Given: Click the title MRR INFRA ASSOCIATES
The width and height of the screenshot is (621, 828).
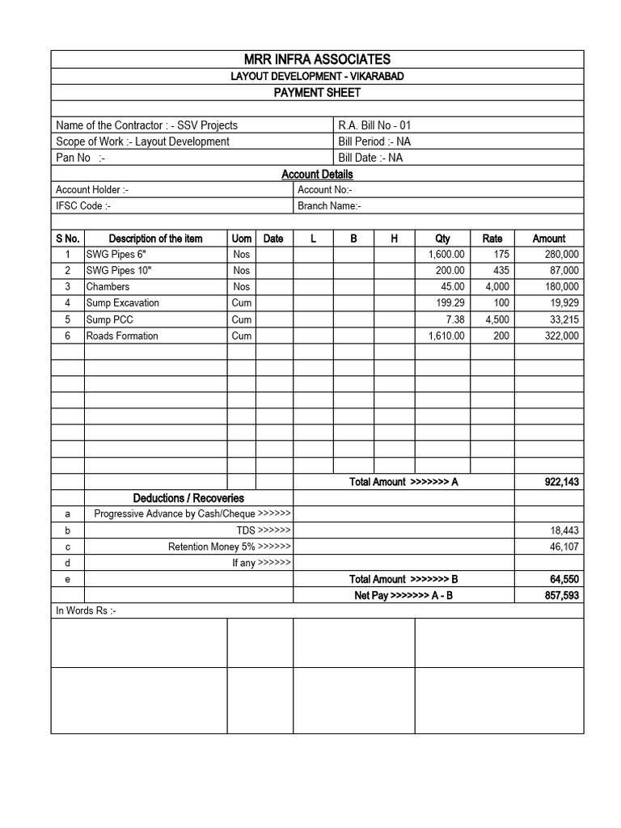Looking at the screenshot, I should coord(317,59).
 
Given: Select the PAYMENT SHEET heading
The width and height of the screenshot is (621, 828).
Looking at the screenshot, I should coord(317,93).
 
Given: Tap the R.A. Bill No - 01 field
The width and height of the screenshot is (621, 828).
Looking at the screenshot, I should coord(374,125).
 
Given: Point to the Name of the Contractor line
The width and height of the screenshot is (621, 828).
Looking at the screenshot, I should coord(146,125).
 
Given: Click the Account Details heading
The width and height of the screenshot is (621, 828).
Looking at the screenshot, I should coord(317,174).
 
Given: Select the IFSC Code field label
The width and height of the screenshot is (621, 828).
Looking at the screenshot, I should coord(83,206).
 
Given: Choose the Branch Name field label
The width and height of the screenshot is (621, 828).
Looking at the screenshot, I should coord(329,206).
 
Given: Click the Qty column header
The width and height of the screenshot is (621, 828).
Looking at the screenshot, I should coord(442,239).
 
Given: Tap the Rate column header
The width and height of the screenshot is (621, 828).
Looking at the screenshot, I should coord(492,239).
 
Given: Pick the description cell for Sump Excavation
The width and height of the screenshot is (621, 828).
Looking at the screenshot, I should coord(123,303).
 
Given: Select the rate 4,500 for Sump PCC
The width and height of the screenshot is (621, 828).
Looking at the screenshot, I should coord(496,319).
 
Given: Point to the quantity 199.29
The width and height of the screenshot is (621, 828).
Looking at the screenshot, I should coord(450,303).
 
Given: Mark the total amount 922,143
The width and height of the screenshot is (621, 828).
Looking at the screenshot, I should coord(561,482).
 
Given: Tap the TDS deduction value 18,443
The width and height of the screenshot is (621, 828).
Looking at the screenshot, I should coord(564,530).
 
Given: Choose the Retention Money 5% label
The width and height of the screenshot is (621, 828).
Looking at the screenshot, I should coord(229,547).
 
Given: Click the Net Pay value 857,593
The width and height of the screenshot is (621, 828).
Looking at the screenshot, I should coord(561,595).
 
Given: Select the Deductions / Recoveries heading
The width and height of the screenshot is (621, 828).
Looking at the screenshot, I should coord(188,498).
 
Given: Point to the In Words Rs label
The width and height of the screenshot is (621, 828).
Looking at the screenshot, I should coord(86,611).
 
